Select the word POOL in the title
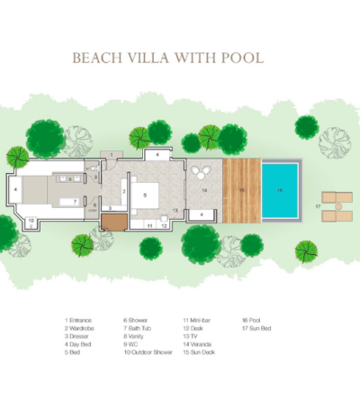pyautogui.click(x=244, y=59)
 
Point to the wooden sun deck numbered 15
pyautogui.click(x=240, y=191)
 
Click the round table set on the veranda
pyautogui.click(x=198, y=174)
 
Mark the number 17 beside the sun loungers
pyautogui.click(x=318, y=206)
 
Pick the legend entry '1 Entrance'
pyautogui.click(x=79, y=320)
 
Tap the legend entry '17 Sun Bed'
pyautogui.click(x=257, y=328)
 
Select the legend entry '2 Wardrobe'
pyautogui.click(x=81, y=328)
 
